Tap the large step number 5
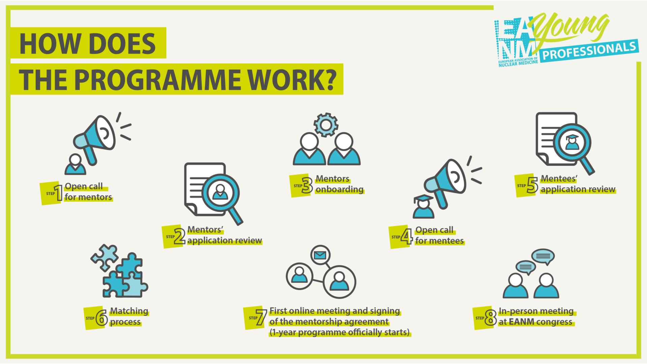pyautogui.click(x=532, y=185)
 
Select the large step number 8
pyautogui.click(x=491, y=317)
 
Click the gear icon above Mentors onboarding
pyautogui.click(x=326, y=125)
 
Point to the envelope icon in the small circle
pyautogui.click(x=320, y=255)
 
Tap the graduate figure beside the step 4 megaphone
pyautogui.click(x=423, y=206)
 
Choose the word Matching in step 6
pyautogui.click(x=129, y=311)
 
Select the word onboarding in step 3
pyautogui.click(x=340, y=189)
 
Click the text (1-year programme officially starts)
pyautogui.click(x=340, y=332)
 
